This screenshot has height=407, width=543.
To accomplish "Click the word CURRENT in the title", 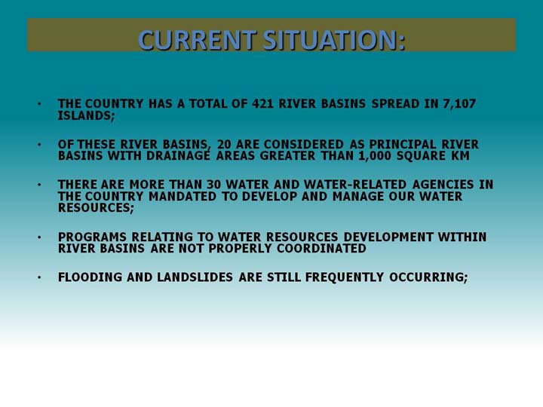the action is tap(198, 40).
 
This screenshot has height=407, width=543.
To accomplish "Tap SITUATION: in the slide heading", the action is tap(334, 40).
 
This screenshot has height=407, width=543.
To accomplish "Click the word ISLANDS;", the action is tap(86, 115).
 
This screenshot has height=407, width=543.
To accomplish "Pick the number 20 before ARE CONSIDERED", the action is tap(224, 144).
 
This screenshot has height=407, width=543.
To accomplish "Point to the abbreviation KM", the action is tap(460, 156).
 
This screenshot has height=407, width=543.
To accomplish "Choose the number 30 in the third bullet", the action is tap(213, 185).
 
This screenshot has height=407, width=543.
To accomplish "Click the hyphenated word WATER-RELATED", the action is tap(355, 185).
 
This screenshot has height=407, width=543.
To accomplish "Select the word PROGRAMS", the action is tap(92, 237).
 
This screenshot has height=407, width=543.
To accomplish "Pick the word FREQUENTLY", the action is tap(345, 277).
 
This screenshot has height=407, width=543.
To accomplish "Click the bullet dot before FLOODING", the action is tap(39, 277).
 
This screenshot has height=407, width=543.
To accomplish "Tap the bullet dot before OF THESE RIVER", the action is tap(39, 144).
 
